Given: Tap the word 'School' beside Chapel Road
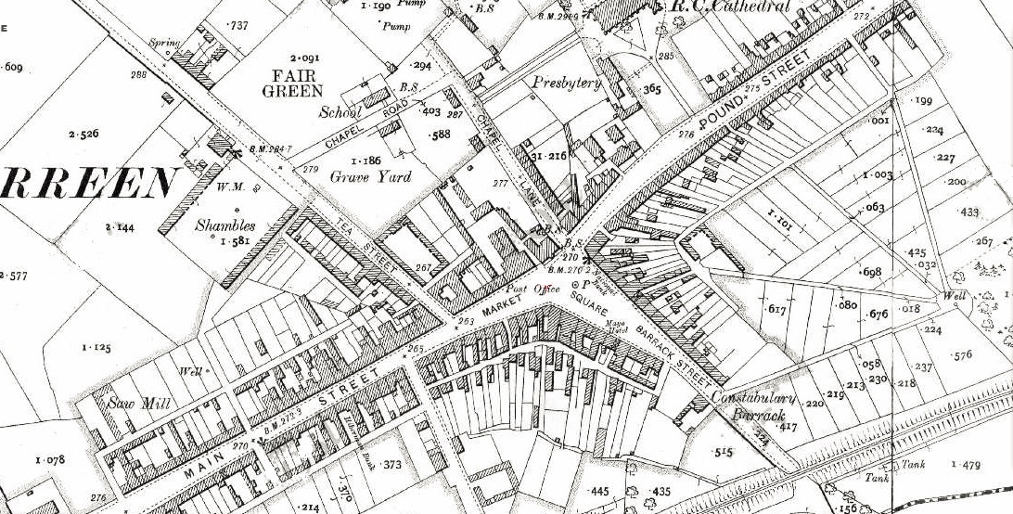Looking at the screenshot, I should (x=340, y=112).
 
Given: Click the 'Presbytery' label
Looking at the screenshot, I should (x=566, y=83).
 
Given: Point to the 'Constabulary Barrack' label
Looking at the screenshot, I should (x=750, y=404).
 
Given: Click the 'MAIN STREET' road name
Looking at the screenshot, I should (x=277, y=418).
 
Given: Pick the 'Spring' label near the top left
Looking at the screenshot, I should (x=164, y=44).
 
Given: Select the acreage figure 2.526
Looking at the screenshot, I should (x=83, y=135).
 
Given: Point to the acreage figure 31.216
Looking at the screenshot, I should (x=548, y=155).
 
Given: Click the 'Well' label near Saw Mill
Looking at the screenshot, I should (x=191, y=372).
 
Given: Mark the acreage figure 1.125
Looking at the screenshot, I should (x=96, y=348).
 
